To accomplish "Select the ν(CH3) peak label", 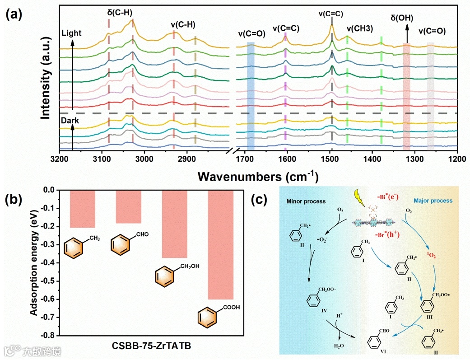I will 359,28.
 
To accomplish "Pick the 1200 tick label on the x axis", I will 456,159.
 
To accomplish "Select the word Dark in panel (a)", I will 70,121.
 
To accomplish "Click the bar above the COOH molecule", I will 220,244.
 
